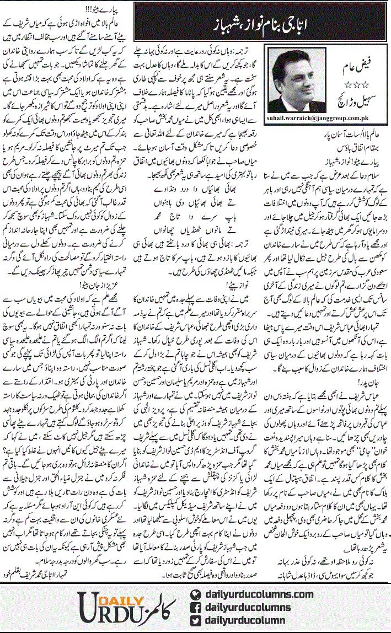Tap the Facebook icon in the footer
(x=193, y=607)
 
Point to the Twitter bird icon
(x=193, y=620)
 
